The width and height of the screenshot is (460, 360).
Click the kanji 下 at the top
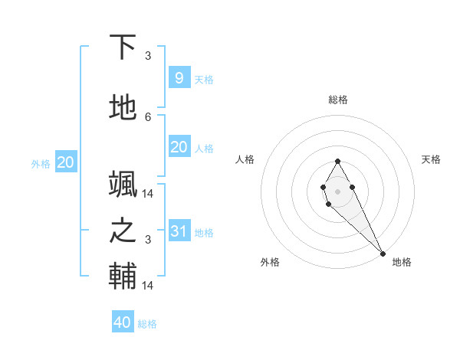coord(123,47)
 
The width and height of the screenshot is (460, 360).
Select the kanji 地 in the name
coord(123,108)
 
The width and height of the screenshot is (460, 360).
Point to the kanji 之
coord(123,231)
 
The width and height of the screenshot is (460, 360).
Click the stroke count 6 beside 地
coord(148,116)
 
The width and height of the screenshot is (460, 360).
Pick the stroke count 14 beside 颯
coord(149,193)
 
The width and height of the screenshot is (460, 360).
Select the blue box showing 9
coord(179,77)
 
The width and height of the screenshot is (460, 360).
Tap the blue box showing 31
coord(179,231)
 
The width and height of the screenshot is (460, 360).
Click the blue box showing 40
coord(123,322)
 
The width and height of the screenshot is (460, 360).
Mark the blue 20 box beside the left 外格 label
coord(65,162)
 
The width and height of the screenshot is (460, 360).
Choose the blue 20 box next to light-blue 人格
coord(179,147)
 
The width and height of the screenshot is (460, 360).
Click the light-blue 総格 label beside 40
coord(147,324)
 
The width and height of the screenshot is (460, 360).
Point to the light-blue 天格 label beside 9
coord(203,80)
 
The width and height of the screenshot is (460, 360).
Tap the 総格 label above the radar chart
coord(338,100)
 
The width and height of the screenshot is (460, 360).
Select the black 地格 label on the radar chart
coord(402,262)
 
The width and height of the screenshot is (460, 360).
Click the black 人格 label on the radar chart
coord(245,159)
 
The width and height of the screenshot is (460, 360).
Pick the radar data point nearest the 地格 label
coord(383,254)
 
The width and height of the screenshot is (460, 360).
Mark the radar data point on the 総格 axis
coord(337,161)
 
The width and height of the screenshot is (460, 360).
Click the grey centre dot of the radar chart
coord(337,191)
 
